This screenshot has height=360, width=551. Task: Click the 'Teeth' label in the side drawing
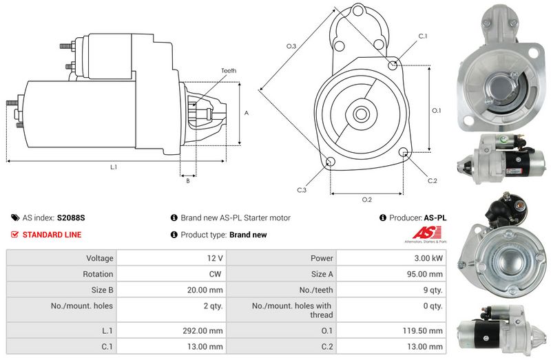pos(229,71)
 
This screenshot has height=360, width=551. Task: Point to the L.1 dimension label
pos(114,167)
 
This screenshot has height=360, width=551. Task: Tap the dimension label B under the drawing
pos(187,181)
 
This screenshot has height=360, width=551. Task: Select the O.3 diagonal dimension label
pos(291,46)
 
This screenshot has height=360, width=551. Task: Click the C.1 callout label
pos(423,36)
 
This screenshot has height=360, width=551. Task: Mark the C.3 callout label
pos(302,190)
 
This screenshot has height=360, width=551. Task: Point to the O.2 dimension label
pos(366,200)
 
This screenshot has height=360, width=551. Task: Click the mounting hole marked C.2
pos(404,153)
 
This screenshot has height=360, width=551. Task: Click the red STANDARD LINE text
pos(52,235)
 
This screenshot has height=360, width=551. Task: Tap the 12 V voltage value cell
pos(215,258)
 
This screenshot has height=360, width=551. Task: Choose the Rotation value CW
pos(216,274)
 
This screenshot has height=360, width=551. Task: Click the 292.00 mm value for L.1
pos(206,331)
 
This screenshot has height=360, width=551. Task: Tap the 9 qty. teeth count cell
pos(433,290)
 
